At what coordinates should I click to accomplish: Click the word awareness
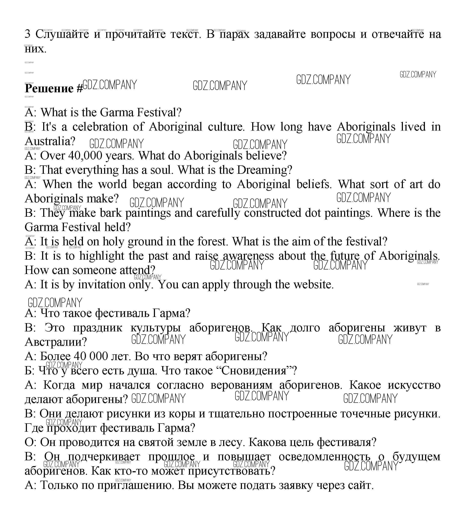pyautogui.click(x=248, y=256)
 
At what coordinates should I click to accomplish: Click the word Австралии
pyautogui.click(x=56, y=342)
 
